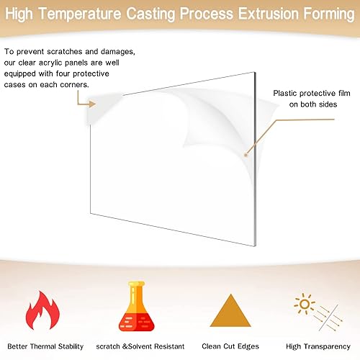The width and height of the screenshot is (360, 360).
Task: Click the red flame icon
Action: pos(42,310)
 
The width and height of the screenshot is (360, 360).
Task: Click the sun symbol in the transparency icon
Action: pos(305,304)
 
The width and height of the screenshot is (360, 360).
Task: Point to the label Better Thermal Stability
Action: pos(45,346)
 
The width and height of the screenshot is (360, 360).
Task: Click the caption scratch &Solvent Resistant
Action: pos(140,346)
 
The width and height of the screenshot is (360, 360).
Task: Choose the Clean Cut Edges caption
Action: pos(230,346)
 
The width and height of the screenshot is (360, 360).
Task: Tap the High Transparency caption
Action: pos(318,346)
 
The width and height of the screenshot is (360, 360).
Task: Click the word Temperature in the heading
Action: pos(80,14)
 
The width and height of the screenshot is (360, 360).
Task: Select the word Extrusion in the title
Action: pos(269,14)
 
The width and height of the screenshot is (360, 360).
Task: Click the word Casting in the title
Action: pos(151,14)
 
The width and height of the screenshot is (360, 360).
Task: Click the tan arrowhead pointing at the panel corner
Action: pos(92,104)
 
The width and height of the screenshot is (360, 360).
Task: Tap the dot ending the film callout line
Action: pos(246,155)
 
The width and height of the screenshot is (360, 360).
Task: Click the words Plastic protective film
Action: pos(312,93)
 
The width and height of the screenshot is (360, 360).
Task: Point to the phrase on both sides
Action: pos(313,104)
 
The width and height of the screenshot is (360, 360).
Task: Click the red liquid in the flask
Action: pos(137,322)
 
